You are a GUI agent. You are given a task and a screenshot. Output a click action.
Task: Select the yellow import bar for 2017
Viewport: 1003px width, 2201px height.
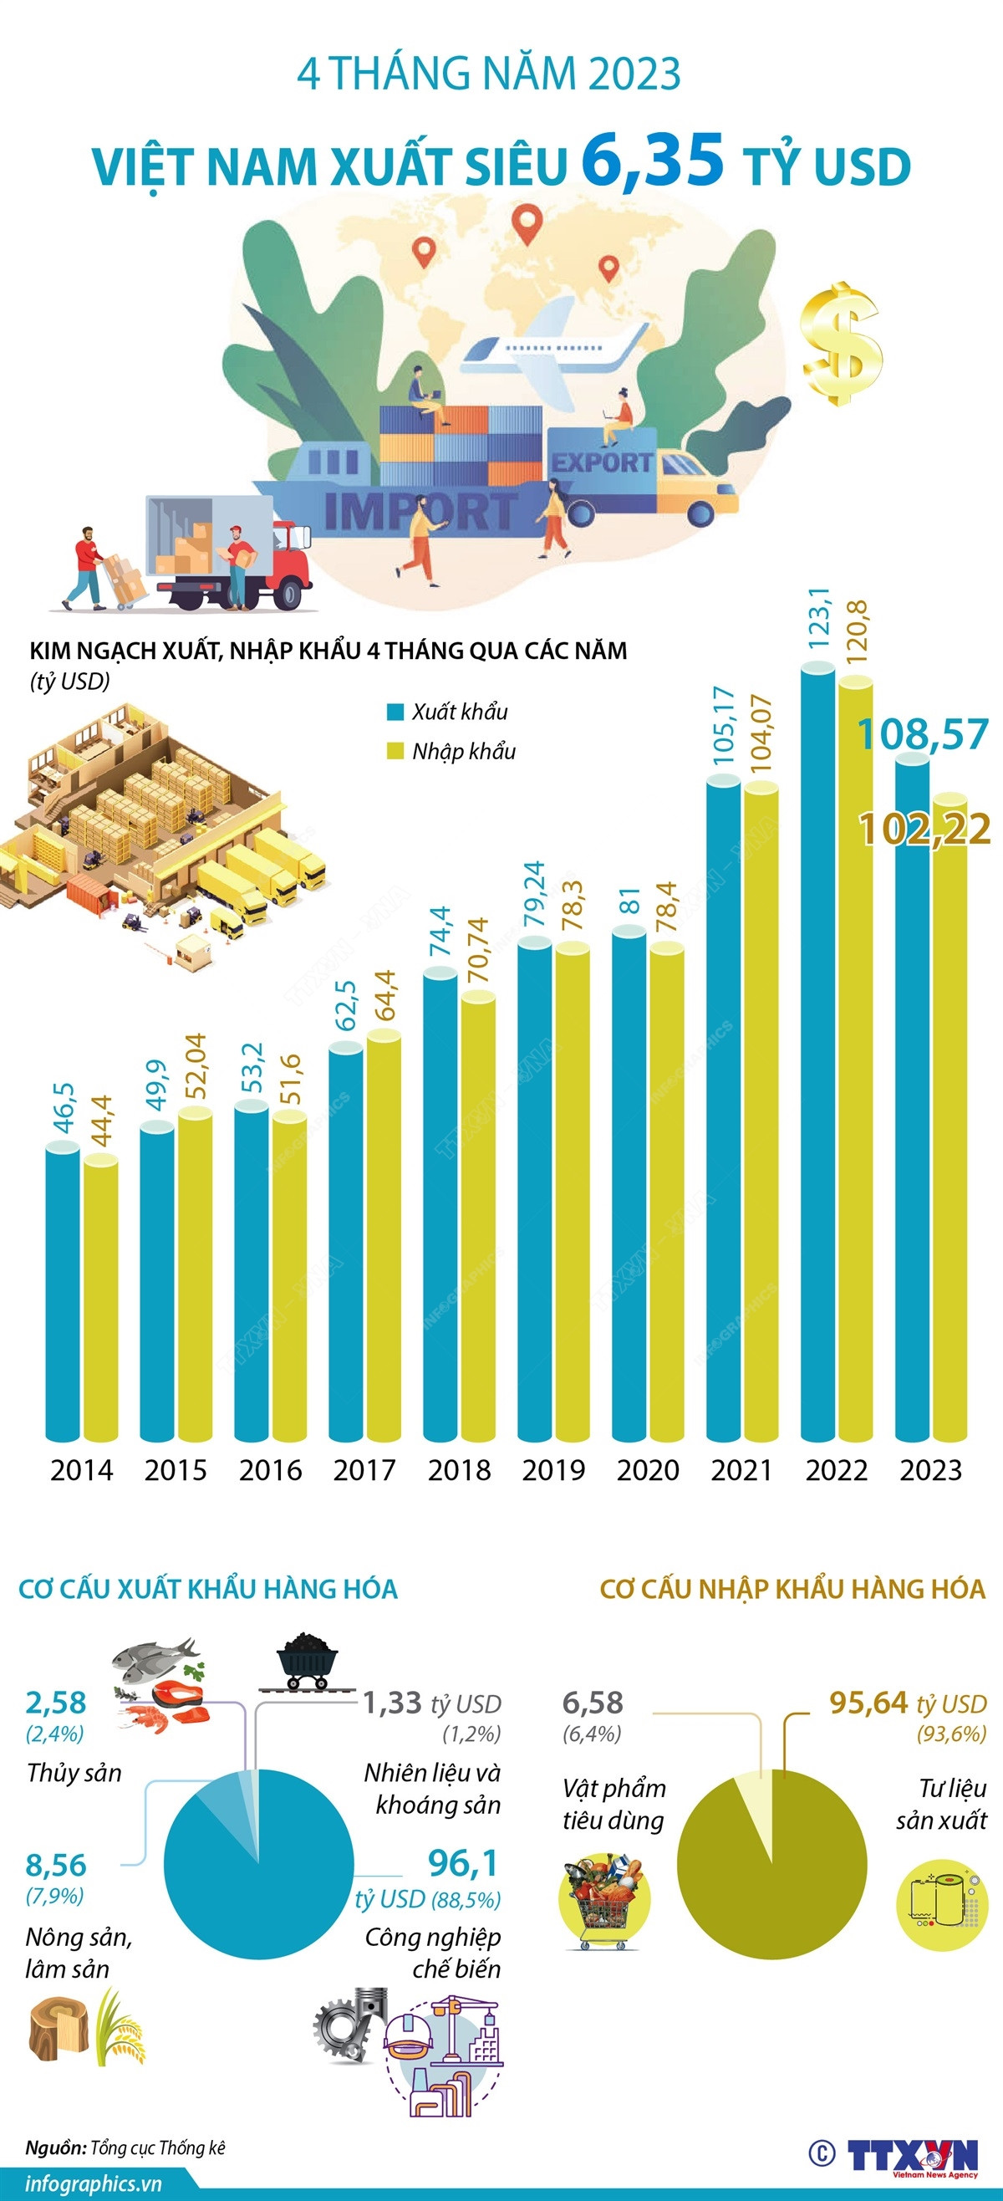tap(384, 1239)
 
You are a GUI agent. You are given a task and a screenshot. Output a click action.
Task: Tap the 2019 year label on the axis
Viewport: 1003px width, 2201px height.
tap(553, 1470)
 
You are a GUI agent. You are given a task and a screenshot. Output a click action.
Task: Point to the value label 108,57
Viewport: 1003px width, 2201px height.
tap(923, 735)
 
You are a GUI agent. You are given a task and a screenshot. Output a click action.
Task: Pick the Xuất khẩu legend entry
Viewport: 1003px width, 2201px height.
tap(448, 712)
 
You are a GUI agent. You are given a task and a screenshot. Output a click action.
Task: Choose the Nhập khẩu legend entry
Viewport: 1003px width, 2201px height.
tap(452, 751)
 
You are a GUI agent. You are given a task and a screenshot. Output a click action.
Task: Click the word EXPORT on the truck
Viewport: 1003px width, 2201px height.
tap(602, 462)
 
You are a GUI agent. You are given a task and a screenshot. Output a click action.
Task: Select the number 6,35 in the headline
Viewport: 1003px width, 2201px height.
tap(653, 160)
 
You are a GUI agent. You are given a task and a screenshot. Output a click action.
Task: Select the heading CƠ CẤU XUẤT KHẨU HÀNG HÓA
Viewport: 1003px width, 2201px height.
tap(208, 1589)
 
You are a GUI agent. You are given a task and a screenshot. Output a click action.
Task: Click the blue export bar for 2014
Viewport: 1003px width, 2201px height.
tap(63, 1290)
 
